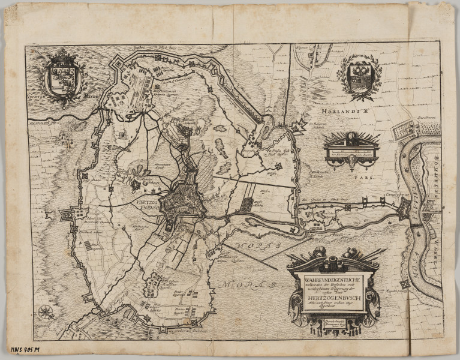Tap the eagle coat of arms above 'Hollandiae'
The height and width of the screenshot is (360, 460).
[360, 76]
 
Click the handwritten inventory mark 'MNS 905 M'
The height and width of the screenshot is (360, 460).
[25, 349]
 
